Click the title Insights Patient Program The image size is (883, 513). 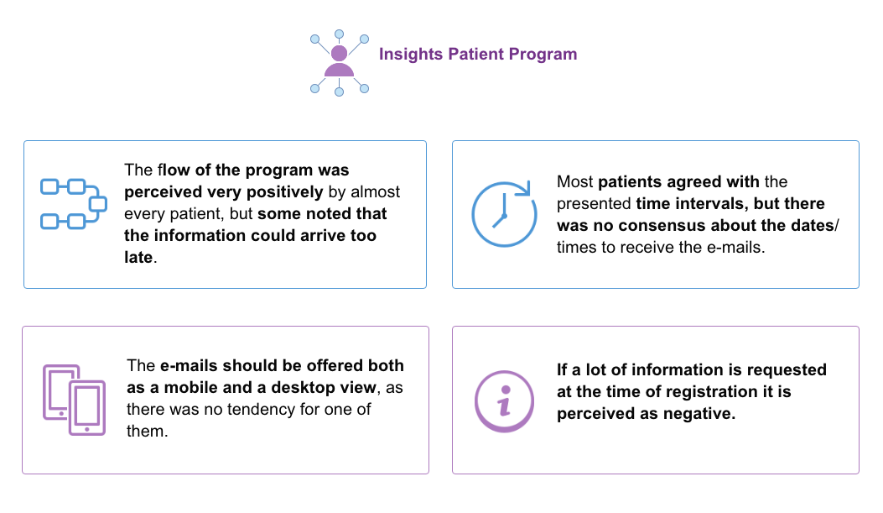tap(477, 54)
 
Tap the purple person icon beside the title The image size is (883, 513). tap(339, 62)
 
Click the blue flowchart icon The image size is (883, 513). tap(74, 204)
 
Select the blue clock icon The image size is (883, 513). tap(504, 214)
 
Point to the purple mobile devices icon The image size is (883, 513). tap(75, 400)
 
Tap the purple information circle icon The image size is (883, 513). tap(504, 401)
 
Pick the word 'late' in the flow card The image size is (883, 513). tap(138, 258)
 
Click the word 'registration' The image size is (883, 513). tap(709, 392)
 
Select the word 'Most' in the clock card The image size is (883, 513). tap(574, 182)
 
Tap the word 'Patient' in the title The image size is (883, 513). tap(475, 54)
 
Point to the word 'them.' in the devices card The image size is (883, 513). tap(147, 432)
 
